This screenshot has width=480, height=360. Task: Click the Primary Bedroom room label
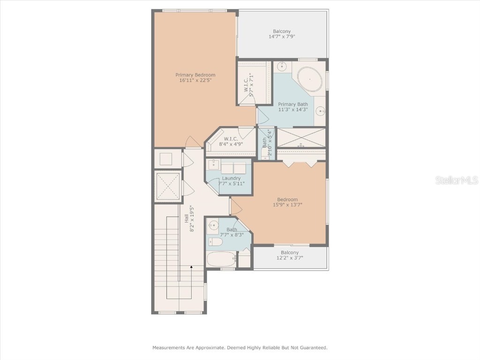pos(195,75)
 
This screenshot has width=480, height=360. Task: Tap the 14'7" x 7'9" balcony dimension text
pos(282,37)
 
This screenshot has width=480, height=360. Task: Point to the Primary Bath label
pos(293,104)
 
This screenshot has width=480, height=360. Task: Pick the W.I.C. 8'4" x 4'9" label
pos(231,139)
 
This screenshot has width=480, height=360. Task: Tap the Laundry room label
pos(231,178)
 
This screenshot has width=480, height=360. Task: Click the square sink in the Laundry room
pos(214,165)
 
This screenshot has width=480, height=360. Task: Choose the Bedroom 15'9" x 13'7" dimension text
pos(287,204)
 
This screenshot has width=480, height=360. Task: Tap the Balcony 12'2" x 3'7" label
pos(290,252)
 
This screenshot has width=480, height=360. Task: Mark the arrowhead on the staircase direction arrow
pos(191,267)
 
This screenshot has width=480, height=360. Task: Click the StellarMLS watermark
pos(456,180)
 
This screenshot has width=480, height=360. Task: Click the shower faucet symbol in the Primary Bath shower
pos(301,146)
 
